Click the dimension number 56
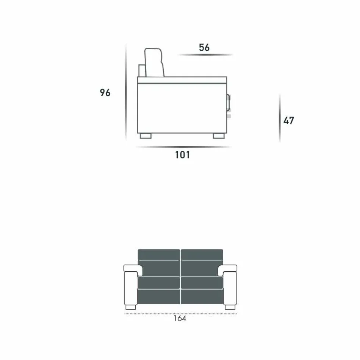pyautogui.click(x=204, y=47)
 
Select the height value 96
pyautogui.click(x=105, y=92)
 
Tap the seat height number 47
pyautogui.click(x=289, y=121)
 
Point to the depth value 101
pyautogui.click(x=182, y=155)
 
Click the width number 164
pyautogui.click(x=180, y=319)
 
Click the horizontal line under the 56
pyautogui.click(x=205, y=55)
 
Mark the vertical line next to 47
pyautogui.click(x=280, y=118)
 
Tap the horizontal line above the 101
pyautogui.click(x=183, y=147)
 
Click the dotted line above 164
pyautogui.click(x=180, y=314)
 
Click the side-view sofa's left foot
pyautogui.click(x=146, y=136)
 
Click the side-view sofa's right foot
pyautogui.click(x=218, y=136)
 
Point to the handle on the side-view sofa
pyautogui.click(x=228, y=103)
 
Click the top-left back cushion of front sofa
pyautogui.click(x=159, y=254)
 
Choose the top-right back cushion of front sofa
pyautogui.click(x=202, y=254)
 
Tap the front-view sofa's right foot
pyautogui.click(x=230, y=307)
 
